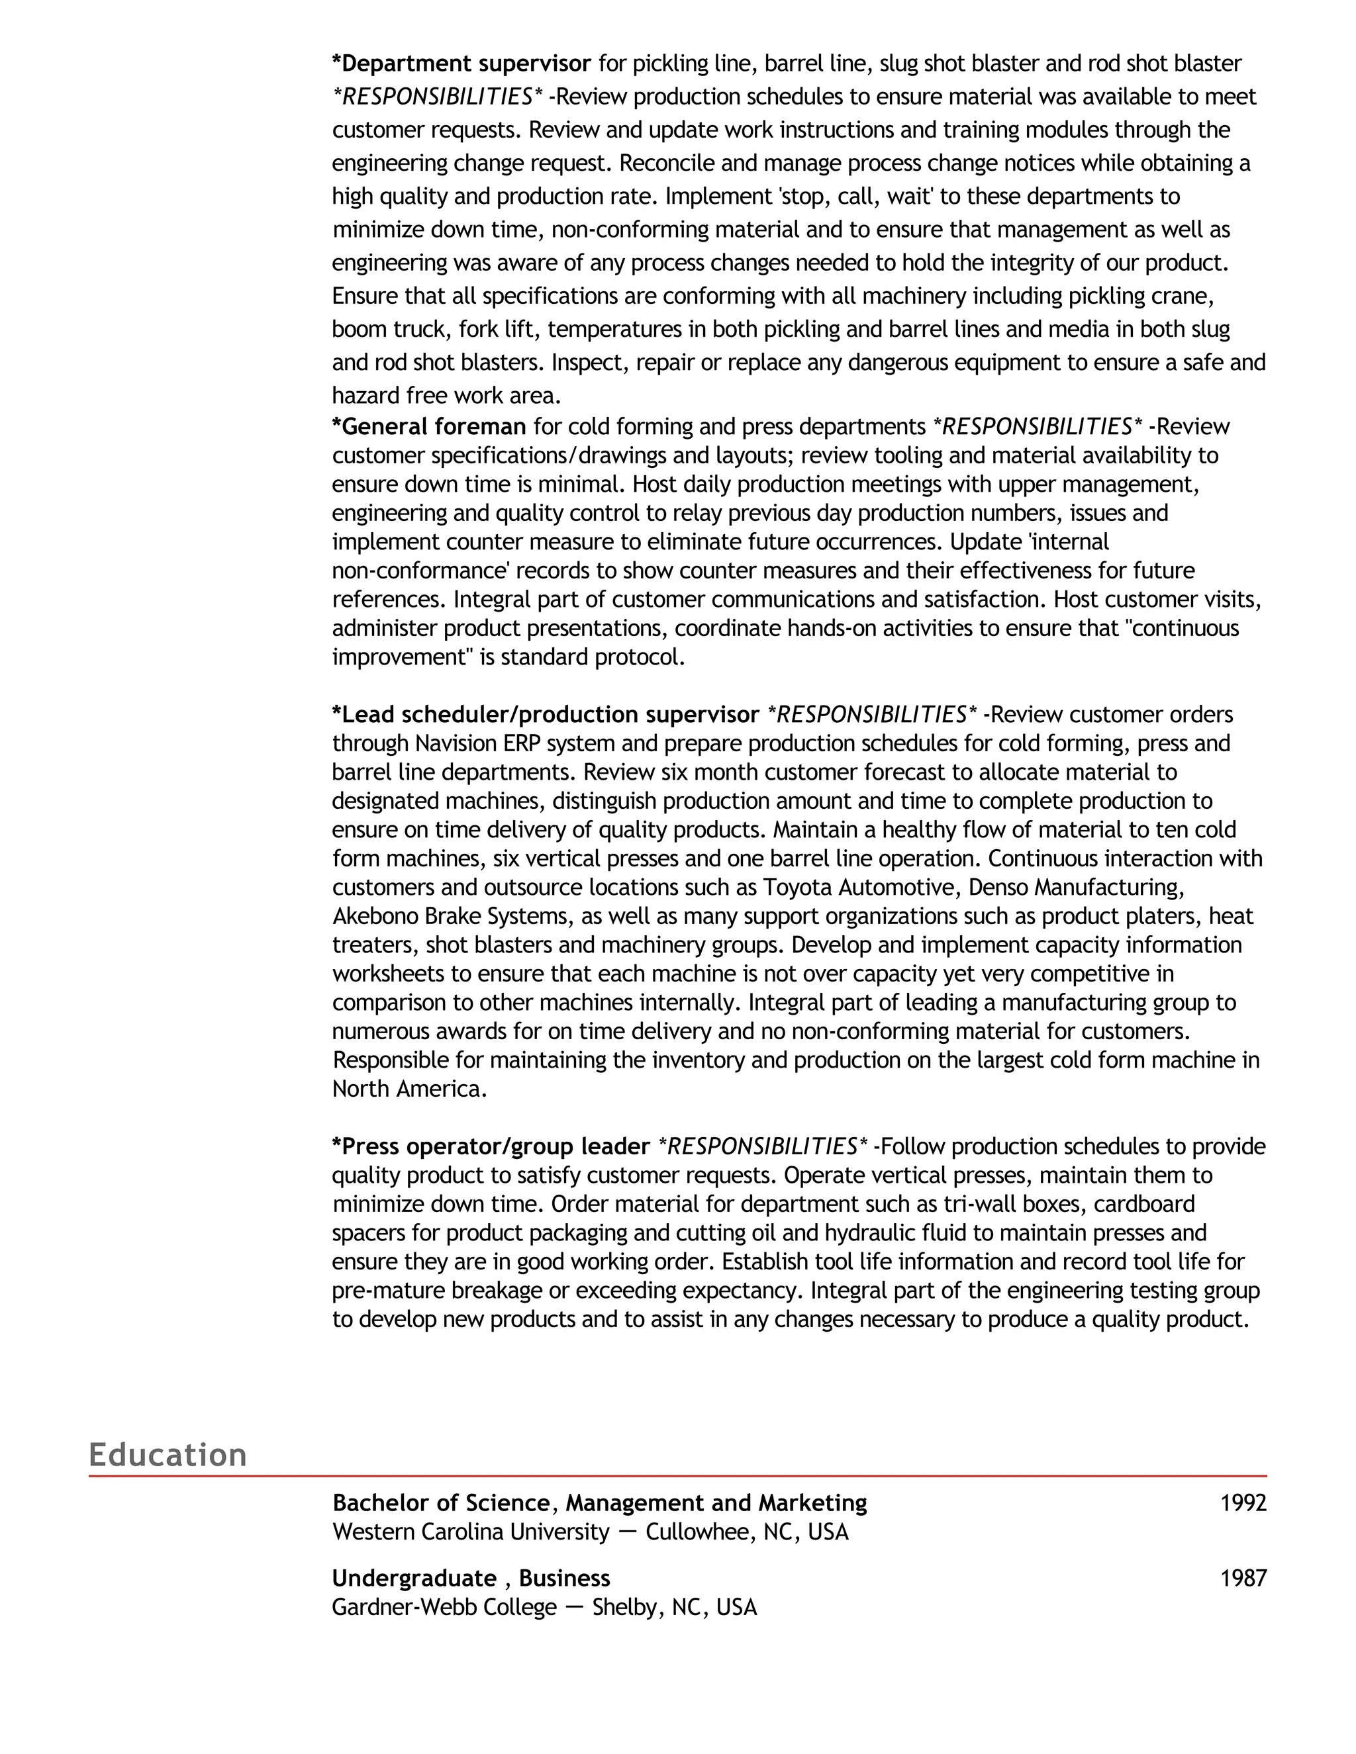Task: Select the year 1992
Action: pos(1243,1502)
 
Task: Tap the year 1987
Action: pos(1243,1578)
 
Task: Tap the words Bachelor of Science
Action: pos(441,1502)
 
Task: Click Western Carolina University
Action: pos(471,1532)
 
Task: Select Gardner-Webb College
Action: pos(444,1607)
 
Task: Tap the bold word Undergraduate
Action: pos(414,1578)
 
